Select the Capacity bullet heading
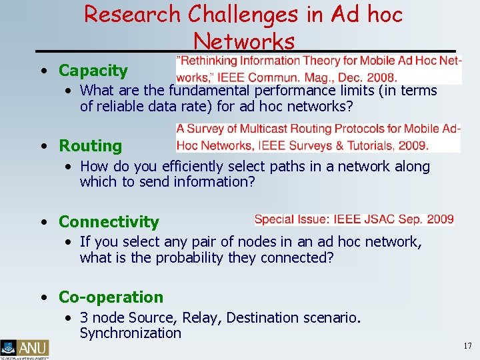click(93, 71)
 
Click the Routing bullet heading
click(90, 146)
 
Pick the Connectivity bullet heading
click(109, 222)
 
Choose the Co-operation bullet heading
click(111, 297)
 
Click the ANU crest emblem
click(9, 347)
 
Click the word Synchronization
click(130, 333)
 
